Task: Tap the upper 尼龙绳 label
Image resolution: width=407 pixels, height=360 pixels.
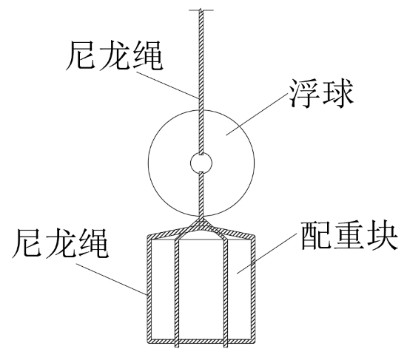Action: click(114, 55)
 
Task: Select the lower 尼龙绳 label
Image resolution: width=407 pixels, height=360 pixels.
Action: click(60, 243)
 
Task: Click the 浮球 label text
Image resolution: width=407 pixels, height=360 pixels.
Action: click(321, 94)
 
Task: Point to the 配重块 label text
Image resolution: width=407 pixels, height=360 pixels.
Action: click(349, 236)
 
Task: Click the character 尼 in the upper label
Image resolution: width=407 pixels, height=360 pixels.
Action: click(81, 55)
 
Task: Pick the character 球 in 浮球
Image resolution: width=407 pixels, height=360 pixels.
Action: click(338, 94)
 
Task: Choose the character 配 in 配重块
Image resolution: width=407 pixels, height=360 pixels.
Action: click(316, 236)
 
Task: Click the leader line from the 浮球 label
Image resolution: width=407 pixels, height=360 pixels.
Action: click(257, 115)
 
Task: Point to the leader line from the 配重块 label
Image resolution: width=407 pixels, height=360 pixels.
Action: click(267, 254)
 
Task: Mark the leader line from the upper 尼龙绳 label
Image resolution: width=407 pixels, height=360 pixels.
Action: click(167, 85)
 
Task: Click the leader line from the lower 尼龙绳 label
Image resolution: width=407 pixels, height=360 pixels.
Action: click(112, 279)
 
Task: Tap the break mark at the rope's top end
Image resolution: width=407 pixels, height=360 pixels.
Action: click(201, 10)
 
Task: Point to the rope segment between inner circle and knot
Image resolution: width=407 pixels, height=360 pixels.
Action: click(201, 194)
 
